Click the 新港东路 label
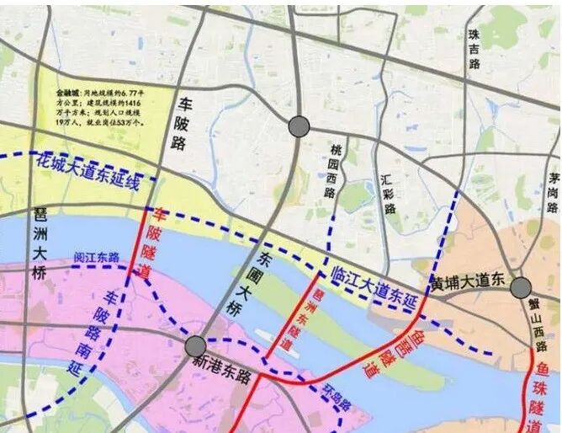(221, 375)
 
